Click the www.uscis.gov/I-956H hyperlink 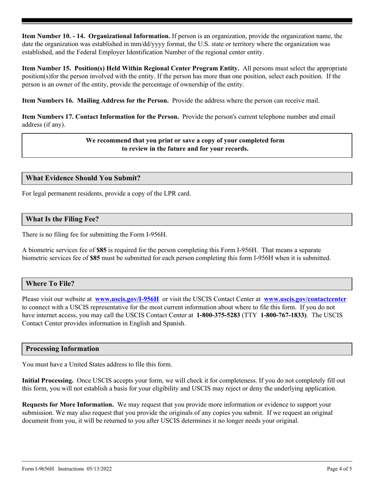[127, 299]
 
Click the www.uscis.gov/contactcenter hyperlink [305, 299]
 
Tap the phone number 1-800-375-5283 [218, 315]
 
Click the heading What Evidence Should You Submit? [83, 178]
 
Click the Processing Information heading [62, 349]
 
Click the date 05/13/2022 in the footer [101, 469]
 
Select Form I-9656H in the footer [38, 469]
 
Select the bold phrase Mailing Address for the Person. [123, 100]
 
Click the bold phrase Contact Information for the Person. [127, 116]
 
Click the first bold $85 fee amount [102, 250]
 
